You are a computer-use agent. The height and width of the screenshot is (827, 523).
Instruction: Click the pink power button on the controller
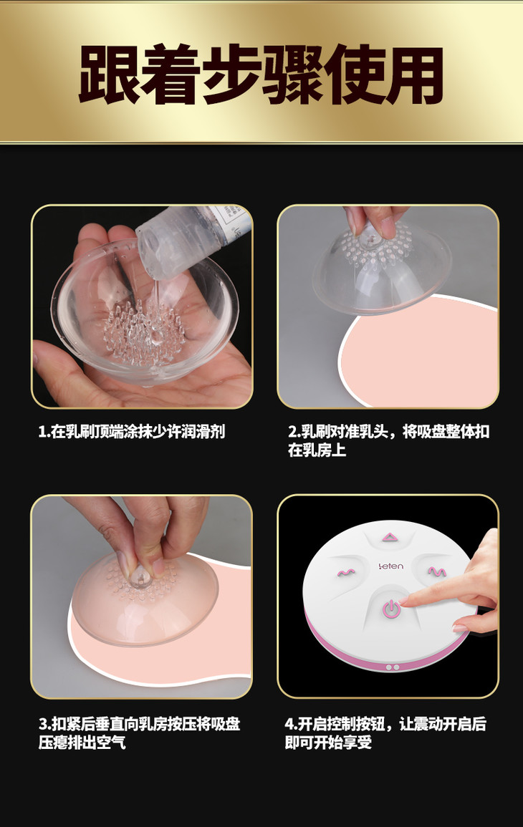click(390, 608)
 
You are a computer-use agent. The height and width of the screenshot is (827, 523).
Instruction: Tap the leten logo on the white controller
click(391, 566)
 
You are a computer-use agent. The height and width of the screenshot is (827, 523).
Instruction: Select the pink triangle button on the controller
click(390, 538)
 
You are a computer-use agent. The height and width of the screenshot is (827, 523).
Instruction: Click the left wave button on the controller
click(345, 572)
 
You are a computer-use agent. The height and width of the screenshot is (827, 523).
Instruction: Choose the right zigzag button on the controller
click(436, 571)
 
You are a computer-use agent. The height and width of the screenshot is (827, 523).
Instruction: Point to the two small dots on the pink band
click(392, 667)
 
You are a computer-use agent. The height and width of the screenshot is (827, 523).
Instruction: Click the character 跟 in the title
click(109, 74)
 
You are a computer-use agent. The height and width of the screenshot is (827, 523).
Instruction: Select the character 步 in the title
click(231, 74)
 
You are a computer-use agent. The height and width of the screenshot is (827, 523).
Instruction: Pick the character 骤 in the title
click(292, 74)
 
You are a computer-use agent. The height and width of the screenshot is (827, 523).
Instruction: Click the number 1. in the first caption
click(44, 432)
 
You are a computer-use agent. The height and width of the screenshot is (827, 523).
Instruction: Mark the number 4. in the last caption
click(292, 724)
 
